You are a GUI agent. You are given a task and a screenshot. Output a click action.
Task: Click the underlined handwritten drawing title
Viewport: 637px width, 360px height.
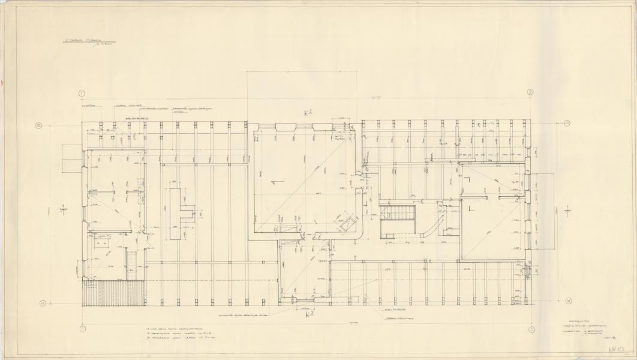[88, 43]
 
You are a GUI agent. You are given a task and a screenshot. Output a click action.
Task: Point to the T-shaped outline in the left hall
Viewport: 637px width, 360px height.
[179, 213]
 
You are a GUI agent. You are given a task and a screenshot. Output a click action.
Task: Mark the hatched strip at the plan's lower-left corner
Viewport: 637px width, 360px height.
[113, 293]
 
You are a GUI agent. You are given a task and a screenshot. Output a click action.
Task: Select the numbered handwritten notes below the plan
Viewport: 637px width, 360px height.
[173, 334]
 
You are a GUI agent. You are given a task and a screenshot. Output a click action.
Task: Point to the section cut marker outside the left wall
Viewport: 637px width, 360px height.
[64, 209]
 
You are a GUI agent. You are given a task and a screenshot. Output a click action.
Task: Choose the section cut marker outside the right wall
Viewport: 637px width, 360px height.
[568, 210]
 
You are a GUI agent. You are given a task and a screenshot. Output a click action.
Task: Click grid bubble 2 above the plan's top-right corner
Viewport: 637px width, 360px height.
[530, 92]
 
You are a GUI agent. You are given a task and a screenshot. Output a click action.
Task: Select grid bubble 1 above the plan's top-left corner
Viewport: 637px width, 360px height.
[82, 94]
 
